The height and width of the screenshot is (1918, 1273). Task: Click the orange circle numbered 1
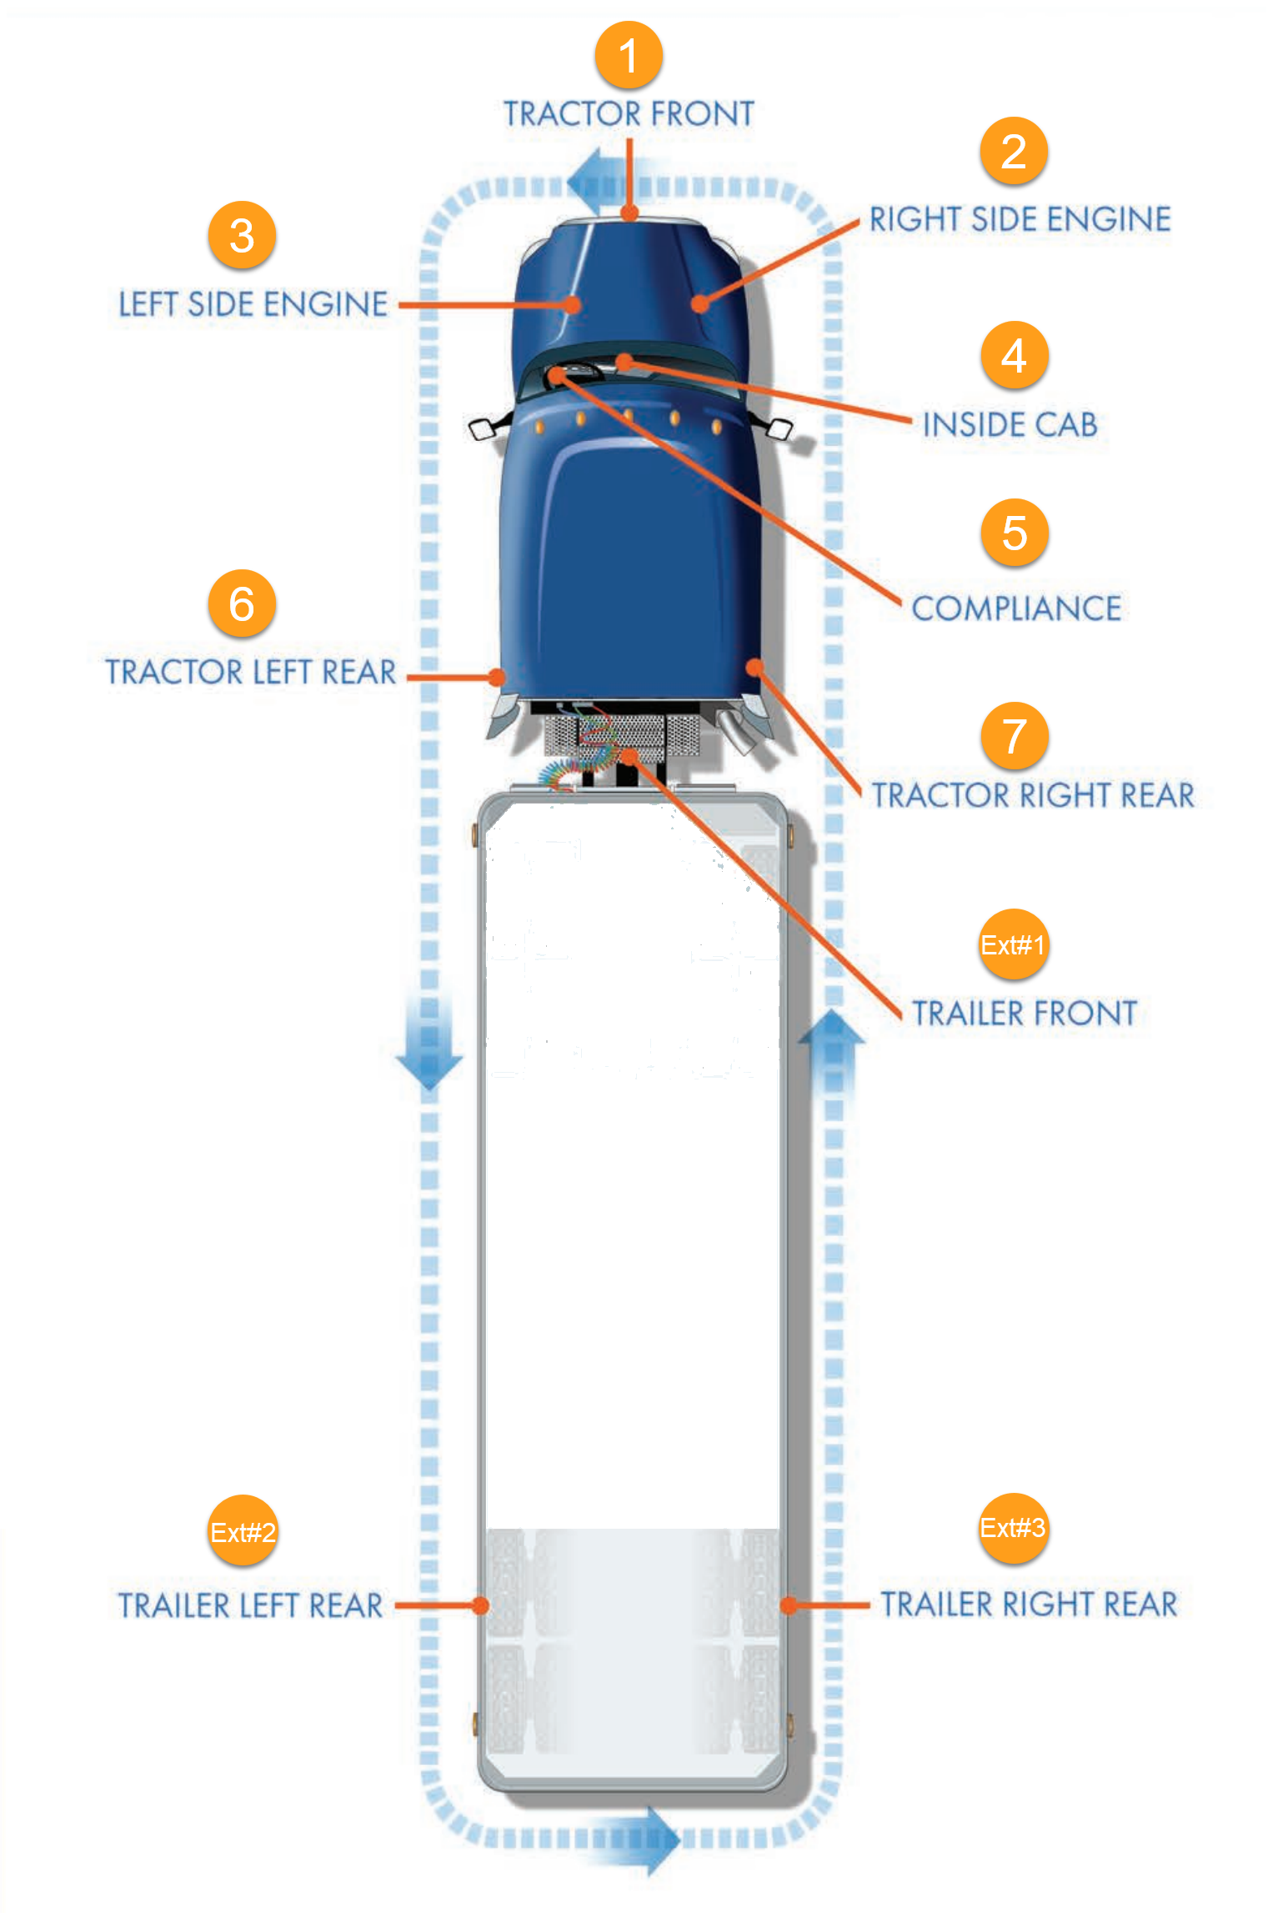click(x=629, y=55)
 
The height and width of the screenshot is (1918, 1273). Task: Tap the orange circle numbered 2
click(x=1013, y=151)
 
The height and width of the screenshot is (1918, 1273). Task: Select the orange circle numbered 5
click(x=1014, y=533)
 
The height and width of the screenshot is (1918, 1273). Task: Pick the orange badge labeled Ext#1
click(x=1013, y=944)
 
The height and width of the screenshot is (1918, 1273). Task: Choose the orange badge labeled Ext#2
click(x=243, y=1531)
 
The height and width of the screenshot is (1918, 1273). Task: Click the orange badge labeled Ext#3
click(x=1013, y=1527)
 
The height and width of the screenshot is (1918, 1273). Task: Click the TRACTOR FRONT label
click(x=629, y=113)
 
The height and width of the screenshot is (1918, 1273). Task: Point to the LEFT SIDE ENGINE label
click(x=253, y=304)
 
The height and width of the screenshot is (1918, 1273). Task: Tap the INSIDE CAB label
click(x=1010, y=425)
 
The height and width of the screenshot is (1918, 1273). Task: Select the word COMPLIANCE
click(x=1016, y=608)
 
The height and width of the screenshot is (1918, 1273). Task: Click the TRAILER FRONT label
click(x=1025, y=1014)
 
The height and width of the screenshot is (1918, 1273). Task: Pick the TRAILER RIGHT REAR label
click(x=1029, y=1604)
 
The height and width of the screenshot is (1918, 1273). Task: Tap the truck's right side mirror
click(x=779, y=430)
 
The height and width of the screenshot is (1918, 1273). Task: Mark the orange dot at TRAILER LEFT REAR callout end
click(x=481, y=1605)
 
